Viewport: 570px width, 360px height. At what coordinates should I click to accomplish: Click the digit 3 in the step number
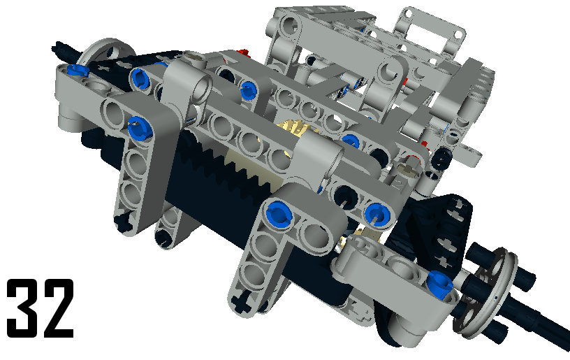(x=22, y=308)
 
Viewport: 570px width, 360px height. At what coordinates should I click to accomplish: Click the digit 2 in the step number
(x=57, y=308)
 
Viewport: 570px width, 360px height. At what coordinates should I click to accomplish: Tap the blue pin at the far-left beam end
(x=77, y=69)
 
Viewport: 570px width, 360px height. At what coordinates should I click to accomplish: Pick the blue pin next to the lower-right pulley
(x=439, y=285)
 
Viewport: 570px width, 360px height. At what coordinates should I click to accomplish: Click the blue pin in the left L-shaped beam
(x=140, y=127)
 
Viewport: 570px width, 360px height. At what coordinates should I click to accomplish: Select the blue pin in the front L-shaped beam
(x=279, y=215)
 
